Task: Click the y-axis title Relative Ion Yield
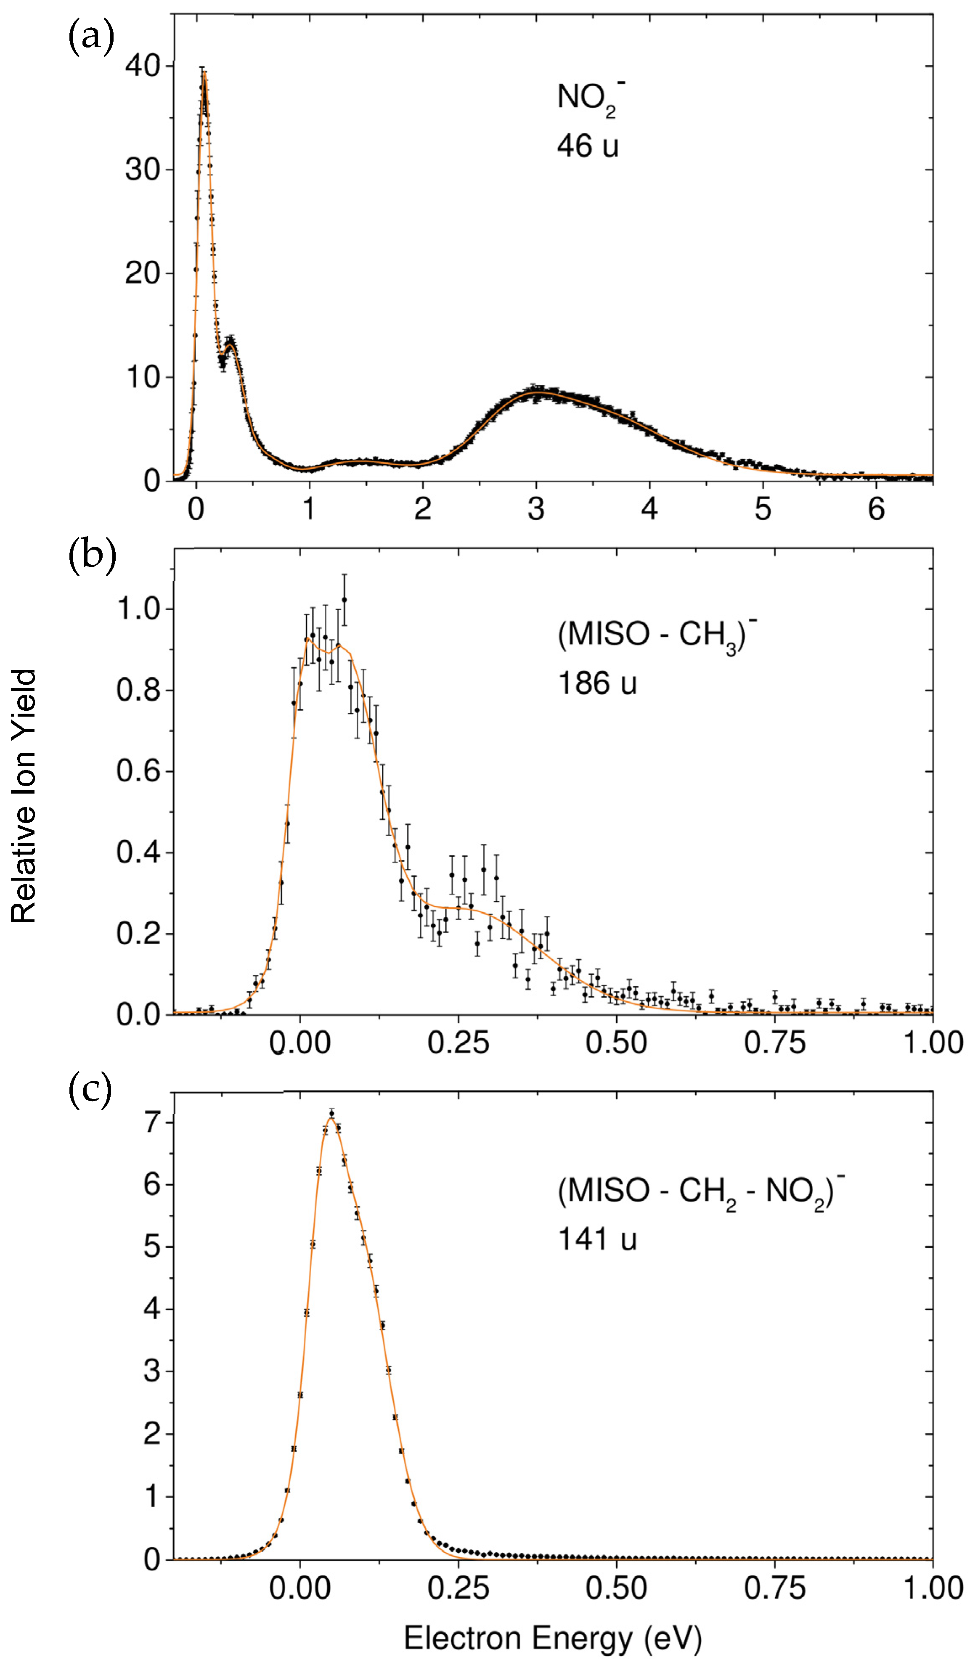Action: (x=24, y=796)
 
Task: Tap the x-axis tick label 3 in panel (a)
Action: (x=536, y=509)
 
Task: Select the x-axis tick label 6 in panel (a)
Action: (x=876, y=509)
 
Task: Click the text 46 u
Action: (x=587, y=146)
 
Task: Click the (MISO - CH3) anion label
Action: (x=656, y=635)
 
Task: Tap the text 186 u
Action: (x=596, y=683)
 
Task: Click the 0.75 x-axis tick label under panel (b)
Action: (x=774, y=1043)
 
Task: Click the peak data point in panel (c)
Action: (x=332, y=1114)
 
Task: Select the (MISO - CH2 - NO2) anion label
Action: (x=700, y=1191)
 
